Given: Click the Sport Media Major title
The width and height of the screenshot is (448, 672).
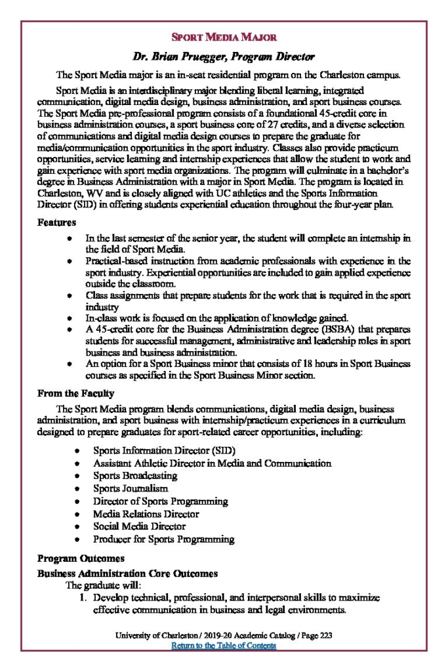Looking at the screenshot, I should coord(224,37).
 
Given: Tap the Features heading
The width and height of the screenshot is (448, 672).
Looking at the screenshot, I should coord(56,223).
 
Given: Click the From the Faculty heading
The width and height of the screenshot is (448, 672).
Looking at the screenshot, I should coord(75,394).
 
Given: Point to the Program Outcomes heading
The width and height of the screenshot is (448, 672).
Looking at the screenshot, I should coord(81,558).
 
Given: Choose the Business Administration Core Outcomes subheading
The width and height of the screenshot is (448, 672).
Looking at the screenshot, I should coord(127,574).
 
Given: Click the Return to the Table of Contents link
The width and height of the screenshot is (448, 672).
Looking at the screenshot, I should coord(224,646).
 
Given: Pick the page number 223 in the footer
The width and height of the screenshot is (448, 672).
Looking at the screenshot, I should coord(325,636).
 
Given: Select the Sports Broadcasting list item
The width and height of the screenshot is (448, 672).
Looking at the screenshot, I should coord(135,476).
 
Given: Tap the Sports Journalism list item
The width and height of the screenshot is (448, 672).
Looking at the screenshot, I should coord(131,488).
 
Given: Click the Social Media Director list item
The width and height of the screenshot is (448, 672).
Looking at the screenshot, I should coord(139,526).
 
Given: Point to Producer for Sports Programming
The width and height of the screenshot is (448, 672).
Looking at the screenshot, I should coord(163,539).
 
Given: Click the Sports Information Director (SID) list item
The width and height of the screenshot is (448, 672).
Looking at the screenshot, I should coord(164,451).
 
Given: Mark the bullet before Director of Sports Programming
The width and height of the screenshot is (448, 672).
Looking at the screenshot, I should coord(77,501).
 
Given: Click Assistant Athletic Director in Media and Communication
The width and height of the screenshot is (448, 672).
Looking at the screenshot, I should coord(212,463).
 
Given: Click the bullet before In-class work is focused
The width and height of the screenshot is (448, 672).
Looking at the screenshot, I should coord(69,318).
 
